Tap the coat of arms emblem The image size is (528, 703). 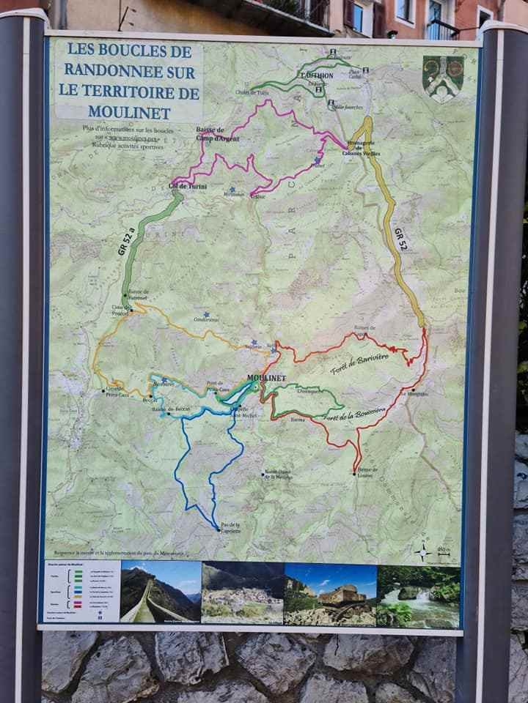pyautogui.click(x=444, y=77)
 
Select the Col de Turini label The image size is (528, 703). pyautogui.click(x=187, y=187)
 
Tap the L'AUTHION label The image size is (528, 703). pyautogui.click(x=317, y=75)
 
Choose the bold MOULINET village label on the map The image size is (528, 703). pyautogui.click(x=265, y=378)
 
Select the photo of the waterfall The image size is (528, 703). pyautogui.click(x=419, y=595)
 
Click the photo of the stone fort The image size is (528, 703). pyautogui.click(x=329, y=594)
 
